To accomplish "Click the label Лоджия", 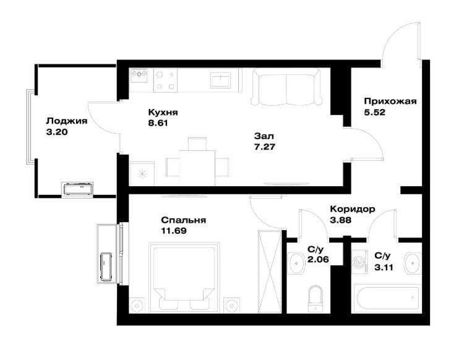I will (66, 121).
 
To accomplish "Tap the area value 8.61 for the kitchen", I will (158, 123).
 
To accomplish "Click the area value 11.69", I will (174, 231).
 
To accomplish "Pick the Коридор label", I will (352, 209).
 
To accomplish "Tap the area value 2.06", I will (317, 260).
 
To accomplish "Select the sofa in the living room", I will (287, 88).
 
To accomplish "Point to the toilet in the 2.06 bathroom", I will (316, 297).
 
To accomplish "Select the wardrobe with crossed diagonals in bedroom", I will (270, 270).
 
